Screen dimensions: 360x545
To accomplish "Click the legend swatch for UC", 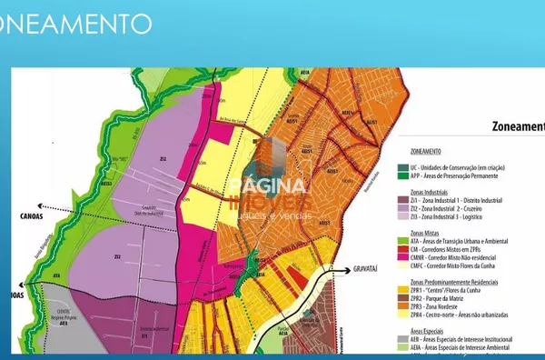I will tap(401, 168).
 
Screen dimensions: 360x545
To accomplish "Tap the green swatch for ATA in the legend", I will tap(401, 242).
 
